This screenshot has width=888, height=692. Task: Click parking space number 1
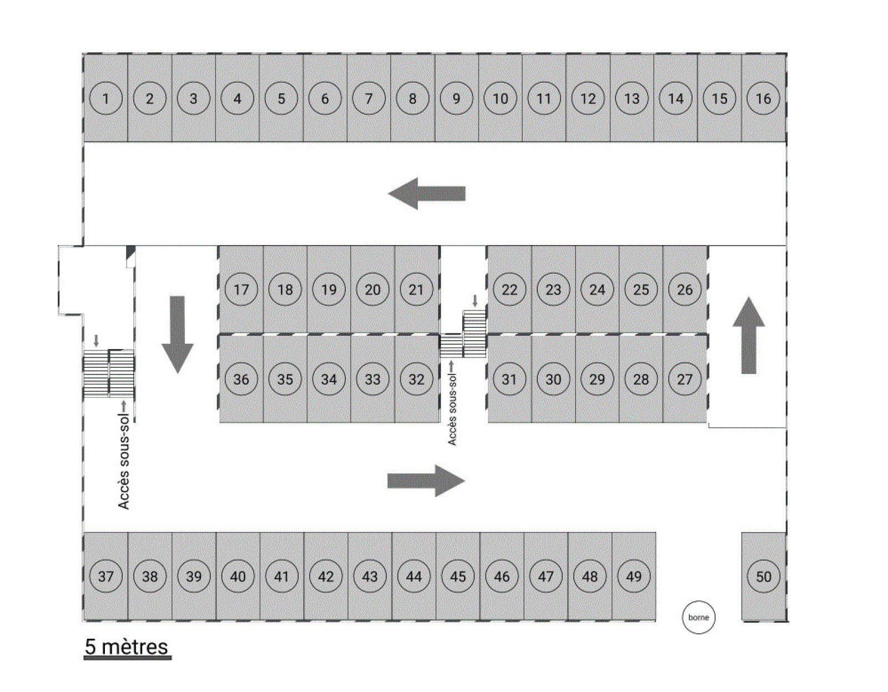pyautogui.click(x=105, y=98)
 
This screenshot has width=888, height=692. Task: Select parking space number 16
pyautogui.click(x=763, y=98)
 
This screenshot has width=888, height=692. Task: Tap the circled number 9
pyautogui.click(x=456, y=98)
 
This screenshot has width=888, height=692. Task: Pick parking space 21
pyautogui.click(x=416, y=289)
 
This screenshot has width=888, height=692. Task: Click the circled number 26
pyautogui.click(x=685, y=289)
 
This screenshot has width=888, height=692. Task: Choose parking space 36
pyautogui.click(x=241, y=379)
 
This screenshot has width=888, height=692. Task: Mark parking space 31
pyautogui.click(x=509, y=379)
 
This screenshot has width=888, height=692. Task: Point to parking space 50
pyautogui.click(x=764, y=576)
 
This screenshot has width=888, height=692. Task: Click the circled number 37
pyautogui.click(x=105, y=576)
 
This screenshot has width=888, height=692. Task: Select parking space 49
pyautogui.click(x=634, y=576)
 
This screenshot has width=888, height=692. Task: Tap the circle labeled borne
pyautogui.click(x=698, y=617)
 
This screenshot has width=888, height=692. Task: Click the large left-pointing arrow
pyautogui.click(x=426, y=193)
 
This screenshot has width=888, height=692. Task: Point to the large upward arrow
pyautogui.click(x=749, y=335)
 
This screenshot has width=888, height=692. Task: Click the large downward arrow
pyautogui.click(x=177, y=335)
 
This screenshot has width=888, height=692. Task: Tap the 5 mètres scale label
pyautogui.click(x=127, y=647)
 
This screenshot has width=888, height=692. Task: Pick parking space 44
pyautogui.click(x=413, y=576)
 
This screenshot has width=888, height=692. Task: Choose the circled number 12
pyautogui.click(x=588, y=98)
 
